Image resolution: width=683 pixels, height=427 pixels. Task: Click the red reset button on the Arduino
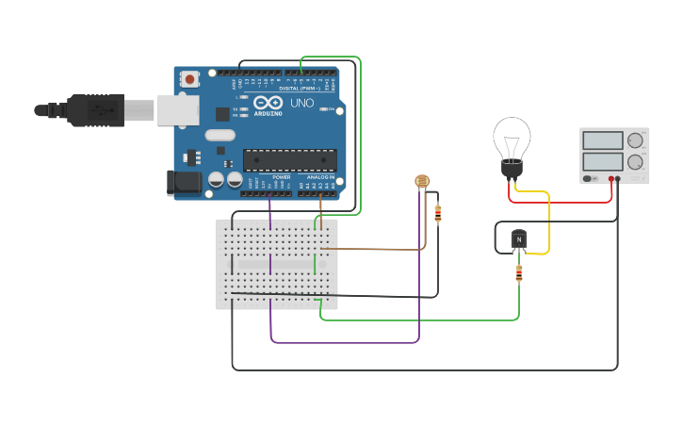(x=189, y=79)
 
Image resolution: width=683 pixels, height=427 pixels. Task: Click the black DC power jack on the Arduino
(x=185, y=183)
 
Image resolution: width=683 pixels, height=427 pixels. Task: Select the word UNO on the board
(x=301, y=103)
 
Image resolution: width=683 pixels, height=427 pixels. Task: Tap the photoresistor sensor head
(x=422, y=181)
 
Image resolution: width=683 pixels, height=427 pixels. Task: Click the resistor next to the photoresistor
(x=437, y=214)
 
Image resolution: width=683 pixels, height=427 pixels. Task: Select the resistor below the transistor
(x=518, y=273)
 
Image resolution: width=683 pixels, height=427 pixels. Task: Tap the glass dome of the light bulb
(x=512, y=138)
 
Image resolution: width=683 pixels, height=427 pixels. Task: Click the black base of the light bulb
(x=511, y=169)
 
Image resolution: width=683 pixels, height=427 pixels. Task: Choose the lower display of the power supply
(x=602, y=161)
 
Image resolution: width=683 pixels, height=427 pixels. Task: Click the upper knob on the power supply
(x=635, y=140)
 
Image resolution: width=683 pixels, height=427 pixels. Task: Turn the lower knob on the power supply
(x=635, y=162)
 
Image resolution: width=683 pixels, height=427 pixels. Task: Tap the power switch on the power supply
(x=590, y=178)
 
